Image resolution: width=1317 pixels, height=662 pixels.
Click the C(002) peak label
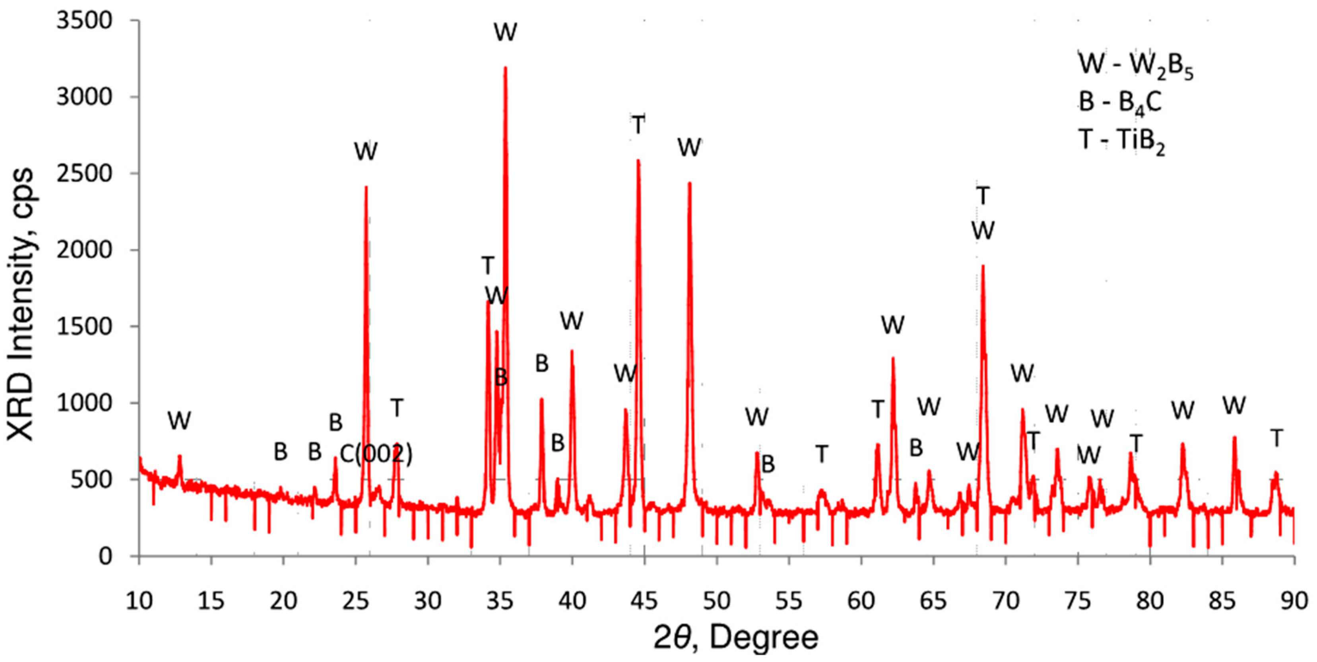tap(376, 453)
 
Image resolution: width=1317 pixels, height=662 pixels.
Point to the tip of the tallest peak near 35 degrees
tap(505, 68)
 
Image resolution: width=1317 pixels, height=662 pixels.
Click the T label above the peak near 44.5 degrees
tap(638, 124)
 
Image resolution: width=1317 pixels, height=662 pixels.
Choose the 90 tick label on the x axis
tap(1294, 601)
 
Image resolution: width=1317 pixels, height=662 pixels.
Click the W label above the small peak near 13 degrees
tap(179, 421)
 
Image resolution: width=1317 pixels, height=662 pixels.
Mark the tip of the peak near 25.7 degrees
tap(366, 187)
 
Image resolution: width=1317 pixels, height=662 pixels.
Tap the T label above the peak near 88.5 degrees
tap(1276, 438)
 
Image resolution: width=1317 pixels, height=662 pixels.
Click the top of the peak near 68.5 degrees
tap(983, 266)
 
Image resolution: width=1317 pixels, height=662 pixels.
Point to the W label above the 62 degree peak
tap(893, 325)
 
